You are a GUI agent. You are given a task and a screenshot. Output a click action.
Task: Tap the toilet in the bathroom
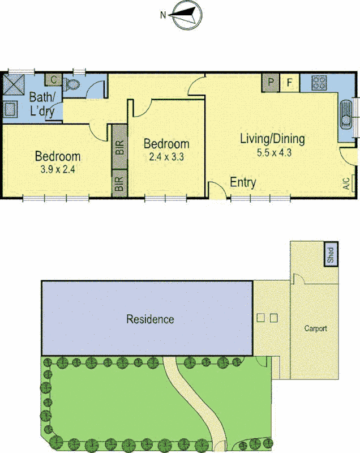click(x=72, y=86)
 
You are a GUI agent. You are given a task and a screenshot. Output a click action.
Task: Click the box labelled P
click(x=271, y=83)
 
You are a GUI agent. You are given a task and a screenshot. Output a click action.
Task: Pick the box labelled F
click(x=289, y=83)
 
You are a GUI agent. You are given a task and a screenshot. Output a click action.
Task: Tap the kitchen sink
click(x=345, y=116)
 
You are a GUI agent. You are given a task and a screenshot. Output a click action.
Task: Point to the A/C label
click(x=346, y=183)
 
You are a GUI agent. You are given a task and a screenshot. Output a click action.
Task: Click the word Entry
click(x=243, y=182)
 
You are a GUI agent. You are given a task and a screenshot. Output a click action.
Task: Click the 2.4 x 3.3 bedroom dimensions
click(x=166, y=157)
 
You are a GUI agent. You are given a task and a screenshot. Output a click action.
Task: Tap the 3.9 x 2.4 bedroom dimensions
click(x=57, y=169)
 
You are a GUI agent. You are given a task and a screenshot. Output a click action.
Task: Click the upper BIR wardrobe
click(x=119, y=147)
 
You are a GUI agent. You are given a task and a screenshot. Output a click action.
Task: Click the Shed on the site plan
click(x=331, y=254)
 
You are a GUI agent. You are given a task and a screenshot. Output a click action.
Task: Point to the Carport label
click(x=315, y=328)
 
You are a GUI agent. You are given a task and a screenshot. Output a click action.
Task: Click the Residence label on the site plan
click(x=149, y=319)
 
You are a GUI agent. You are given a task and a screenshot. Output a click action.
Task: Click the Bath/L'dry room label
click(x=42, y=104)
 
